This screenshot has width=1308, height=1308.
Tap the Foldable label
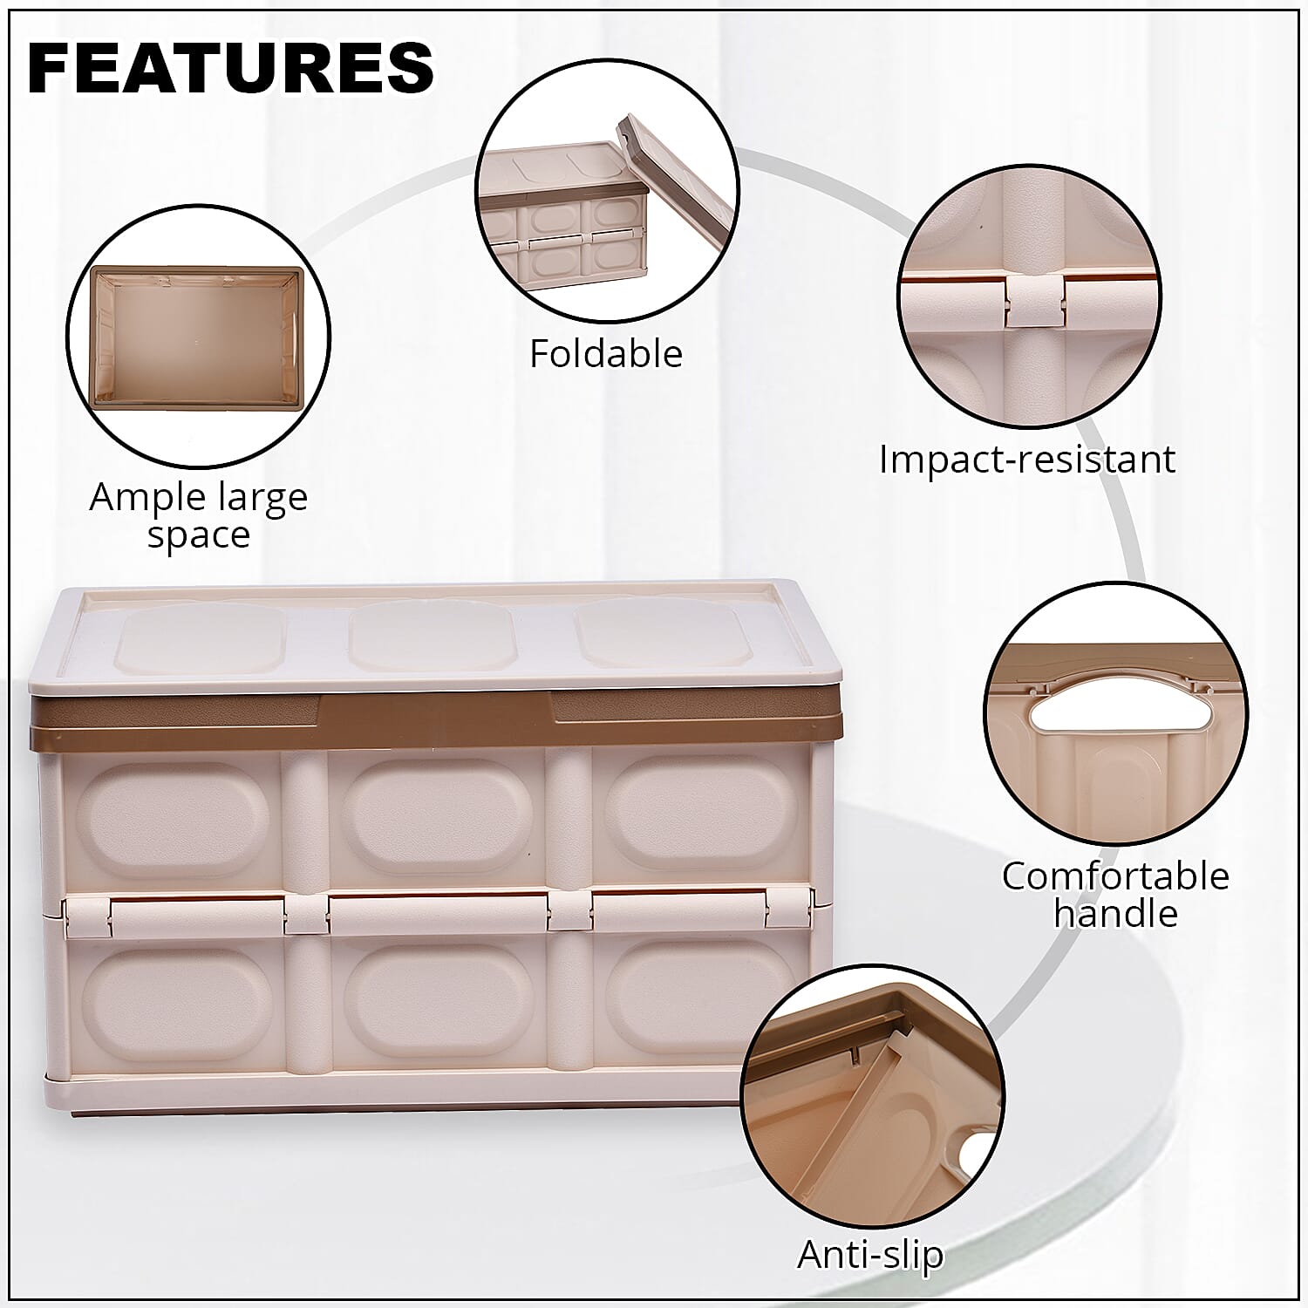606,354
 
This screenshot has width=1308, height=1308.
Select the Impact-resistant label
1027,460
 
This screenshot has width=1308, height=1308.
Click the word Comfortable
1115,876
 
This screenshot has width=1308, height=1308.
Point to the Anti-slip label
870,1255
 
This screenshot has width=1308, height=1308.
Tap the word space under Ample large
199,535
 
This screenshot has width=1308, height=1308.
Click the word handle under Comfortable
1115,913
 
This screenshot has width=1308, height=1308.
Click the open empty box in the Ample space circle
198,338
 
